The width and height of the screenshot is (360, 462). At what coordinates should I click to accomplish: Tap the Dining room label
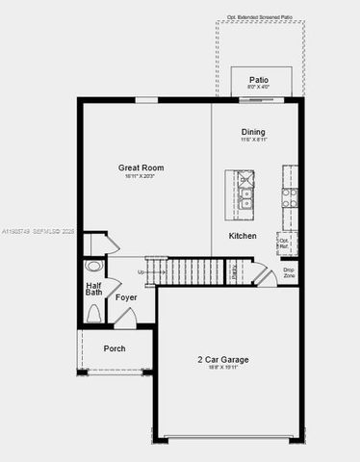253,132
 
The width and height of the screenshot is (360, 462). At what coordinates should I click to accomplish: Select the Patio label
258,79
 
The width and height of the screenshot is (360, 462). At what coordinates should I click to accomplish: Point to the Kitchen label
242,236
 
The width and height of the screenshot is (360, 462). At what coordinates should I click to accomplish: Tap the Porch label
115,348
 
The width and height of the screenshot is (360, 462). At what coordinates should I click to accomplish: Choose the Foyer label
126,298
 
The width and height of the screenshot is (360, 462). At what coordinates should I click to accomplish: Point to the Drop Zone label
289,272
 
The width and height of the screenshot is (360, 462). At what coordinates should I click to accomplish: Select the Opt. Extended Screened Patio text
260,16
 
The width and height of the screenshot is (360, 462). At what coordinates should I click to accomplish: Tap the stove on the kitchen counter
289,196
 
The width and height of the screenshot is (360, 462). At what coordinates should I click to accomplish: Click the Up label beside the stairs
142,272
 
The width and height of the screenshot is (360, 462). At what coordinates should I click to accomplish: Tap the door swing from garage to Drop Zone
263,276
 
